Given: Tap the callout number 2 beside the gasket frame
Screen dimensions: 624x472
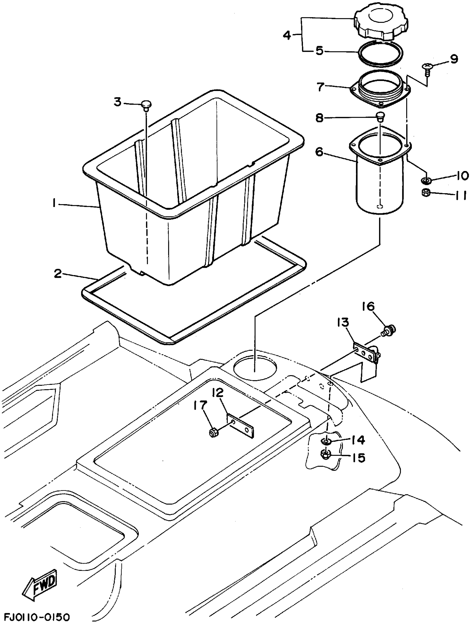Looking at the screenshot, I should (58, 273).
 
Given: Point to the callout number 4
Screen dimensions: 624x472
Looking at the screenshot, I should (287, 35).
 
